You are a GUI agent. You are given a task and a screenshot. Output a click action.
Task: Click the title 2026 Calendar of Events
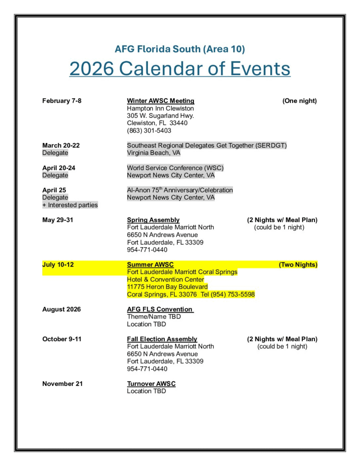(x=180, y=69)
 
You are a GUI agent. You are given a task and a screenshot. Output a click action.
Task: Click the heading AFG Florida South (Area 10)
(x=180, y=49)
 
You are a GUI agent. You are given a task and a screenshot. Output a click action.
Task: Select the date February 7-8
(x=62, y=101)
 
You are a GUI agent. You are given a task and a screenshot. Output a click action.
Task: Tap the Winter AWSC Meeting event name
(x=161, y=101)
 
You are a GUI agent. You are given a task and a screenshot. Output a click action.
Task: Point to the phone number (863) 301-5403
(x=149, y=131)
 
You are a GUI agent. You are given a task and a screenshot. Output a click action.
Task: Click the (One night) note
(x=299, y=101)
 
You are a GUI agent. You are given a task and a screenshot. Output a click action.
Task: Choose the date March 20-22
(x=61, y=146)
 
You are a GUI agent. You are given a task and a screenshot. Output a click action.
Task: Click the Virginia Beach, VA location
(x=153, y=153)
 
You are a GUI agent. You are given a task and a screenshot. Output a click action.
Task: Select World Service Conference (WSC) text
(x=175, y=168)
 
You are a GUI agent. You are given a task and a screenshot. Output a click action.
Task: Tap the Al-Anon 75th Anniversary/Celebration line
(x=180, y=190)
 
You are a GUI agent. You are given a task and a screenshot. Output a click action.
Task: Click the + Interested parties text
(x=70, y=205)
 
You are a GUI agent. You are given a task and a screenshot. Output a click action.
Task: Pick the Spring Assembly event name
(x=153, y=220)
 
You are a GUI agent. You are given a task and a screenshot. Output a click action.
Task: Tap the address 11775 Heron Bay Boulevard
(x=167, y=287)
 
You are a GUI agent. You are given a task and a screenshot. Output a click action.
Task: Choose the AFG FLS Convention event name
(x=160, y=309)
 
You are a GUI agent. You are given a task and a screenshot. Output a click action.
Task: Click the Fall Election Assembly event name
(x=162, y=339)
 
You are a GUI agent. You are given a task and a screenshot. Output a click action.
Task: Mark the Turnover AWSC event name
(x=151, y=384)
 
